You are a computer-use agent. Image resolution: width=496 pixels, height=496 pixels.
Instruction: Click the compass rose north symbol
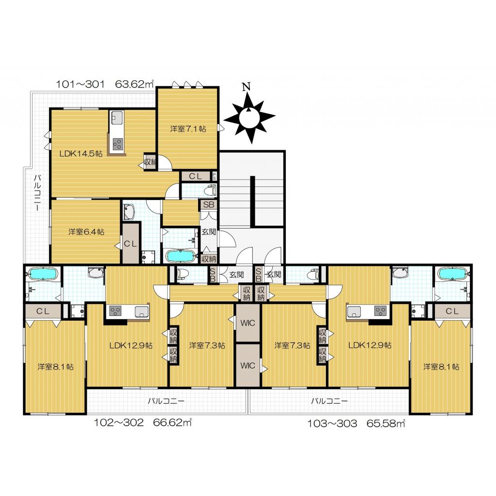click(x=249, y=118)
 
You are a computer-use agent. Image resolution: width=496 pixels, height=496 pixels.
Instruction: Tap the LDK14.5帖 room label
click(x=81, y=154)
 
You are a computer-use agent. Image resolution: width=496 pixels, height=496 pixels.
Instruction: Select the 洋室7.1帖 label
click(x=188, y=129)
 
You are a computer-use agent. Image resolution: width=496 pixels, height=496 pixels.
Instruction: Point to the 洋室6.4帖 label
click(x=86, y=232)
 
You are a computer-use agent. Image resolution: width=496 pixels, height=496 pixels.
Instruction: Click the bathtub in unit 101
click(x=181, y=256)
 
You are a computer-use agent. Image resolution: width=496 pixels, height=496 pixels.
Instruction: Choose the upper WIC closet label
click(x=248, y=323)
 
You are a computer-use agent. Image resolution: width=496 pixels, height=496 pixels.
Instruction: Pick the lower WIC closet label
click(x=248, y=366)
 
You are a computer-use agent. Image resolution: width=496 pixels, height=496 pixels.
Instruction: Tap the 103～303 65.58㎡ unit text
click(x=356, y=423)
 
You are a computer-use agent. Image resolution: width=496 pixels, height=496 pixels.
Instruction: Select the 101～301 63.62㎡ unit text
click(x=105, y=84)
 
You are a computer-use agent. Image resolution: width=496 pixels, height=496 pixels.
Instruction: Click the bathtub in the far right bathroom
click(x=452, y=273)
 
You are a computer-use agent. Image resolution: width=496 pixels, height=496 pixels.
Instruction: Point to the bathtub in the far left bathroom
click(x=43, y=274)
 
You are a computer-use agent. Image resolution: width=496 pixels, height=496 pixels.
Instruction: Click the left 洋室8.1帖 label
click(x=56, y=367)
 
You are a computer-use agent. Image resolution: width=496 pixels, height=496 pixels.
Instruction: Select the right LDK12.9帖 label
click(x=370, y=345)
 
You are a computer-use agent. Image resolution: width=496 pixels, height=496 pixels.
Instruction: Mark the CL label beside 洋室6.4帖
click(x=130, y=244)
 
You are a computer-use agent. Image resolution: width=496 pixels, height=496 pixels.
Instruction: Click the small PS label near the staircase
click(x=214, y=176)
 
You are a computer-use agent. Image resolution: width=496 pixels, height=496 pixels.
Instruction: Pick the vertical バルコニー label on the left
click(x=37, y=193)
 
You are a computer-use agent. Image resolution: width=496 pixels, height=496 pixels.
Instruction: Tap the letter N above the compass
click(x=246, y=86)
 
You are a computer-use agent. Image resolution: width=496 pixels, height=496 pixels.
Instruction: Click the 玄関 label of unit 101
click(x=208, y=232)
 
